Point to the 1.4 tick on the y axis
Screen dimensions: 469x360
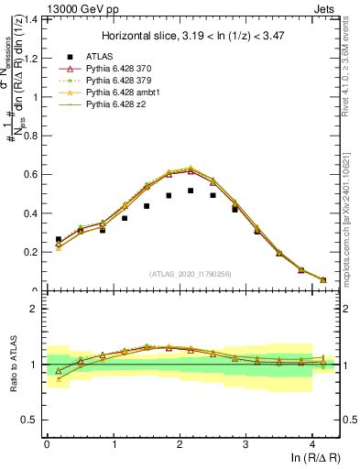(x=31, y=19)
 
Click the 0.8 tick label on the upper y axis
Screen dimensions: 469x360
(x=31, y=136)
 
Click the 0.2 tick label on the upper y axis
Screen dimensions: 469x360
(x=31, y=252)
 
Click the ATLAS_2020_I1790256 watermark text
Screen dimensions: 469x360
(x=191, y=274)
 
